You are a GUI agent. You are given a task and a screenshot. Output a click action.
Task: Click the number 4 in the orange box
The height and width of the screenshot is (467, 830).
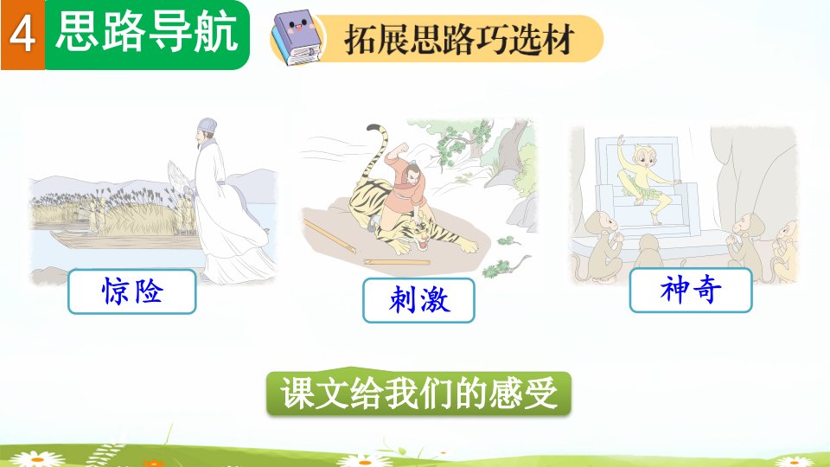22,35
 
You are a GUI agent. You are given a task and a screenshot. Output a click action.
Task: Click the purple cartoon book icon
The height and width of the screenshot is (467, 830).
297,38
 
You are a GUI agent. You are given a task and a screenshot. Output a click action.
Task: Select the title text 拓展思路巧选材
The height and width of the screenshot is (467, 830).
459,39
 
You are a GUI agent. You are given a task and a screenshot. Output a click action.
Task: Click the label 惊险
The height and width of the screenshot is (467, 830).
132,291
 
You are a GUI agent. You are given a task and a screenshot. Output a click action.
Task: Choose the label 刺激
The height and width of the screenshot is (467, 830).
418,300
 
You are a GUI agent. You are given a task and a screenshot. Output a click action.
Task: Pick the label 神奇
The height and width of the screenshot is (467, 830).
691,291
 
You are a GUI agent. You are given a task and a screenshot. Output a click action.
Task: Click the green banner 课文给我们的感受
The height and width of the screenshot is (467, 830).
418,393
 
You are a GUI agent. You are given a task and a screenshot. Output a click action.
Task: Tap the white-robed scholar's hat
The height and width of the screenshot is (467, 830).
207,126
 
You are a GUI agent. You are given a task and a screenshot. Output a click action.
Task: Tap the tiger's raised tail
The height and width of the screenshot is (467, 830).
377,154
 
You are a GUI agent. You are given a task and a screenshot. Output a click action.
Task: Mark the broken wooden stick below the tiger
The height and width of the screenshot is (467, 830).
330,235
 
